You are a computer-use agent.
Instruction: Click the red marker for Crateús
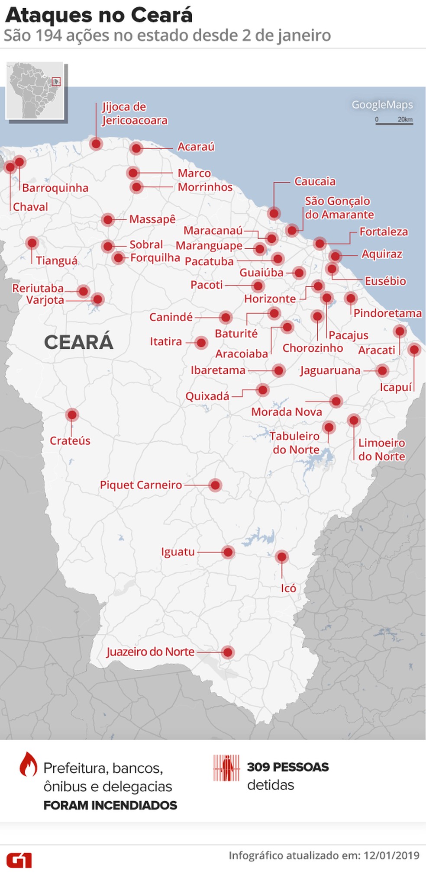tap(72, 415)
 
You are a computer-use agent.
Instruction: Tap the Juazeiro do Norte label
tap(150, 652)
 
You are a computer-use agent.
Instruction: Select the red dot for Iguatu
tap(228, 552)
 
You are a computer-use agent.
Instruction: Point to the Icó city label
tap(288, 588)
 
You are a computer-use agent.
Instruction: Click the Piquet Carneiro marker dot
tap(215, 485)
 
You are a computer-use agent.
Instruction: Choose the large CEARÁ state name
tap(78, 342)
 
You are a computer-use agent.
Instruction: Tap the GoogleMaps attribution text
tap(382, 105)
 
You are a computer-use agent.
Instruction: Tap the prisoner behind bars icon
tap(226, 768)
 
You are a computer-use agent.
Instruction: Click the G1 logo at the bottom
tap(19, 860)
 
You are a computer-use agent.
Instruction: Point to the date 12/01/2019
tap(391, 855)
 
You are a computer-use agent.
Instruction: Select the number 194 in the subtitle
tap(48, 35)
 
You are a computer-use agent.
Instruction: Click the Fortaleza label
tap(384, 232)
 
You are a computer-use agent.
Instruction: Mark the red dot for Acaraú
tap(136, 148)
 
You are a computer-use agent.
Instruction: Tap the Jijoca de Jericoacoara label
tap(134, 114)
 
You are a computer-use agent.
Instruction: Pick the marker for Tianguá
tap(32, 243)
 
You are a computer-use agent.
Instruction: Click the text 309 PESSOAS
tap(288, 767)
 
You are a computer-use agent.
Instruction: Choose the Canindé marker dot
tap(225, 318)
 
